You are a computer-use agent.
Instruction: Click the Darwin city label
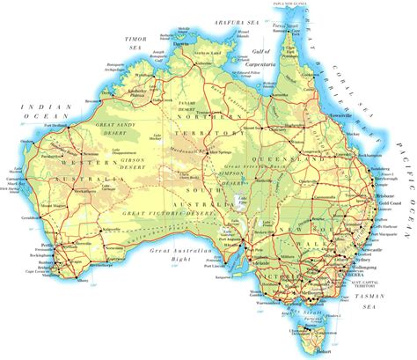click(x=181, y=40)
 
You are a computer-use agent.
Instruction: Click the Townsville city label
click(x=339, y=115)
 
